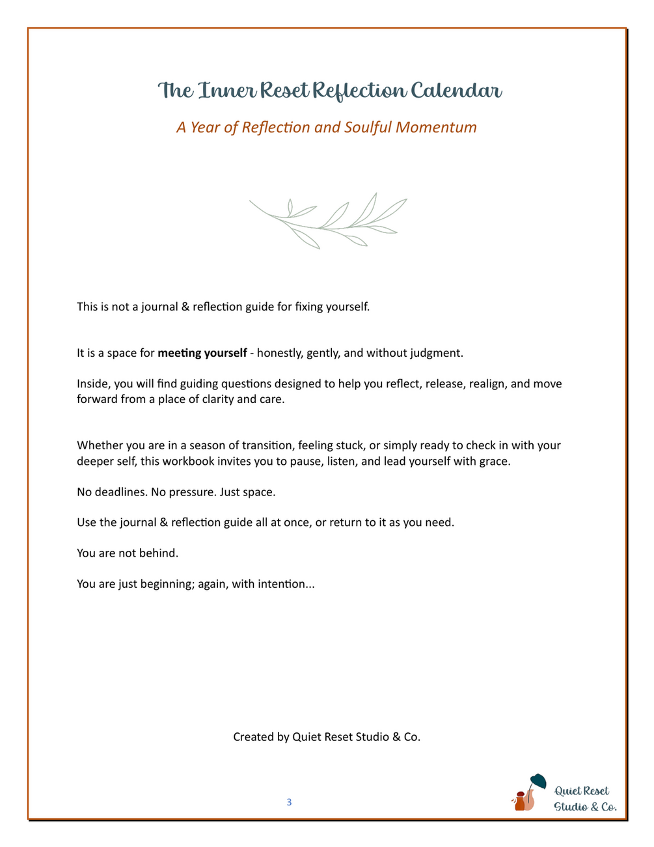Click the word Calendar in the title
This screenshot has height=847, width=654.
[x=455, y=90]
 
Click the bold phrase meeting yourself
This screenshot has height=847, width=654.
[x=202, y=353]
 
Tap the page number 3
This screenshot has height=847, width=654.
[x=289, y=802]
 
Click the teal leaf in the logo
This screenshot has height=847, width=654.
[x=538, y=780]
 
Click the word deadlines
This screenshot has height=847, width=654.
[x=121, y=492]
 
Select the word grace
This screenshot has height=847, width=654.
[x=495, y=462]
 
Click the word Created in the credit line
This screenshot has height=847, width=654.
[x=253, y=737]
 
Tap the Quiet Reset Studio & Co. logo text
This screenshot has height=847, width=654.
[x=584, y=799]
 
